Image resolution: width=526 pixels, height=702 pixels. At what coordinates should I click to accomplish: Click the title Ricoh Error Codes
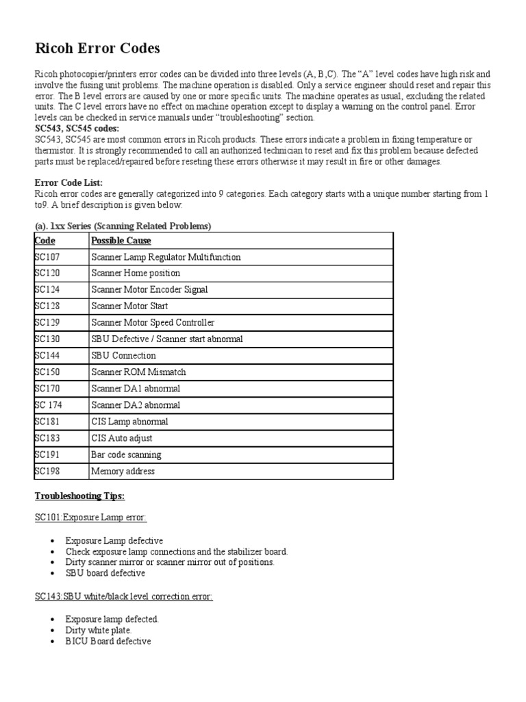tap(97, 48)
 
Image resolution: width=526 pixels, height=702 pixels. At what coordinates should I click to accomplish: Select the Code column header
tap(45, 241)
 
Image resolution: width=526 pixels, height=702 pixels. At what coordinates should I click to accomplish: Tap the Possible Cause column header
tap(121, 241)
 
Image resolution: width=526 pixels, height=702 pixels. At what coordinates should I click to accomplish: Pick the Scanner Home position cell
tap(135, 274)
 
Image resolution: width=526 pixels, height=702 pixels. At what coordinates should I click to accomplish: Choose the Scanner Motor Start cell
tap(129, 306)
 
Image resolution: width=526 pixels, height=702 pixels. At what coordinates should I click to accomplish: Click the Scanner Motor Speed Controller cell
tap(153, 323)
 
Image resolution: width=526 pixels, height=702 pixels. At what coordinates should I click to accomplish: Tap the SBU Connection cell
tap(123, 356)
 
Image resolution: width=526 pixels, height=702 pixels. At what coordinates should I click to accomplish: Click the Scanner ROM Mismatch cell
tap(138, 372)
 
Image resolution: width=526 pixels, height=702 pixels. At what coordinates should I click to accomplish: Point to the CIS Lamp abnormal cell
tap(129, 422)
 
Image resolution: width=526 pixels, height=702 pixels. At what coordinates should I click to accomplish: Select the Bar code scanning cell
tap(126, 455)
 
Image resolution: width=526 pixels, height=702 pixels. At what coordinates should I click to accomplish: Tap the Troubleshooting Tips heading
tap(79, 496)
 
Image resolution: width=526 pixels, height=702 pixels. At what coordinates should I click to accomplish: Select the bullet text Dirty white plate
tap(99, 629)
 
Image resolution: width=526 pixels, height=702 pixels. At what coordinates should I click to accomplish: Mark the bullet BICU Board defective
tap(108, 640)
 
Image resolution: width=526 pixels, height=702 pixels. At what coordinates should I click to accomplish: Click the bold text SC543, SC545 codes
tap(77, 128)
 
